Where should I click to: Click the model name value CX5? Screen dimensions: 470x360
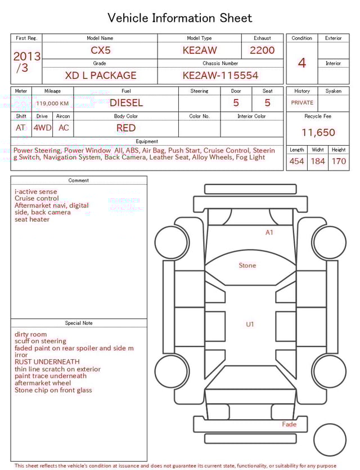point(101,50)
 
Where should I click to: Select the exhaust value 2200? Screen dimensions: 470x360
point(262,50)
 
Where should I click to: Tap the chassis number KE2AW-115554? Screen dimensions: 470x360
point(220,75)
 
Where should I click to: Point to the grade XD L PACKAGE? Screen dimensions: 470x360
point(100,75)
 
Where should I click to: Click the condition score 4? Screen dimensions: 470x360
point(301,62)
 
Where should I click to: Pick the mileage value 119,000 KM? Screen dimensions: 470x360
point(52,104)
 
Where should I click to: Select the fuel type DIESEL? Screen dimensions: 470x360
point(126,102)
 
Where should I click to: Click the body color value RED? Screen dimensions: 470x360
point(126,128)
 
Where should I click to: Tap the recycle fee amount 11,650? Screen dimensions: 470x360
point(318,133)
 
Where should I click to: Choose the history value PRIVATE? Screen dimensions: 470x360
point(302,103)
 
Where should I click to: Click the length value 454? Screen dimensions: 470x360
point(297,162)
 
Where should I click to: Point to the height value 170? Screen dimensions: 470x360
point(339,162)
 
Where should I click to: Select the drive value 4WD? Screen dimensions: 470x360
point(42,128)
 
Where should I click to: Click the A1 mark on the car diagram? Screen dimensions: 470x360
point(269,232)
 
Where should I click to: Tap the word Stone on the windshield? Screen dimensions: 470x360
point(247,265)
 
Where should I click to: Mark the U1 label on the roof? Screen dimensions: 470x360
point(250,324)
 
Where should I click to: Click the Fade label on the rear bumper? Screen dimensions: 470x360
point(289,424)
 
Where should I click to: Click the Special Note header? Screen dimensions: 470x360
point(79,323)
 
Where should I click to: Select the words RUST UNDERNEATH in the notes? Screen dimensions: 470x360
point(47,362)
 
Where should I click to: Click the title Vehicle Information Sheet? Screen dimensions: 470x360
point(180,18)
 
